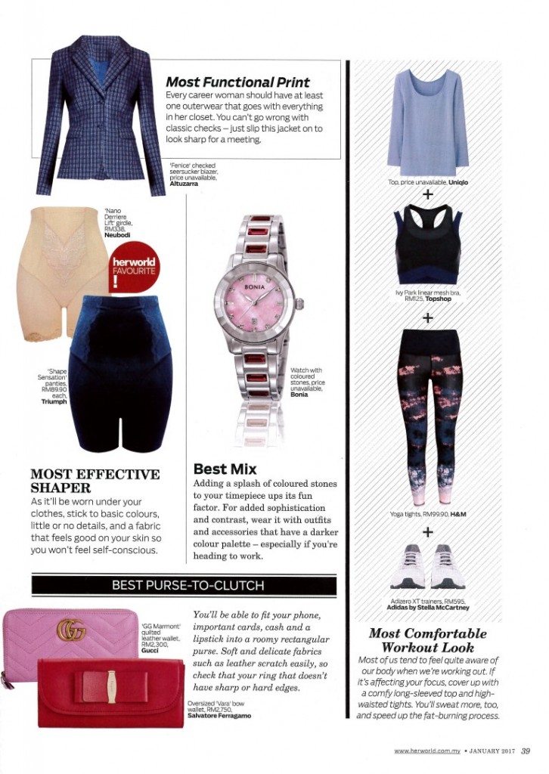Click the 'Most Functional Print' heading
click(237, 82)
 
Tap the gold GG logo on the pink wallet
click(71, 629)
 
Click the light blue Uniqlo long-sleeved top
click(427, 121)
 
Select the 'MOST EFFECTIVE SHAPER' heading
click(95, 481)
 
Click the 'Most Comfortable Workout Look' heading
click(427, 640)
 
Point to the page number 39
click(526, 750)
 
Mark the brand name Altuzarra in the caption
click(184, 184)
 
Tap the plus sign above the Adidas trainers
click(428, 532)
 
